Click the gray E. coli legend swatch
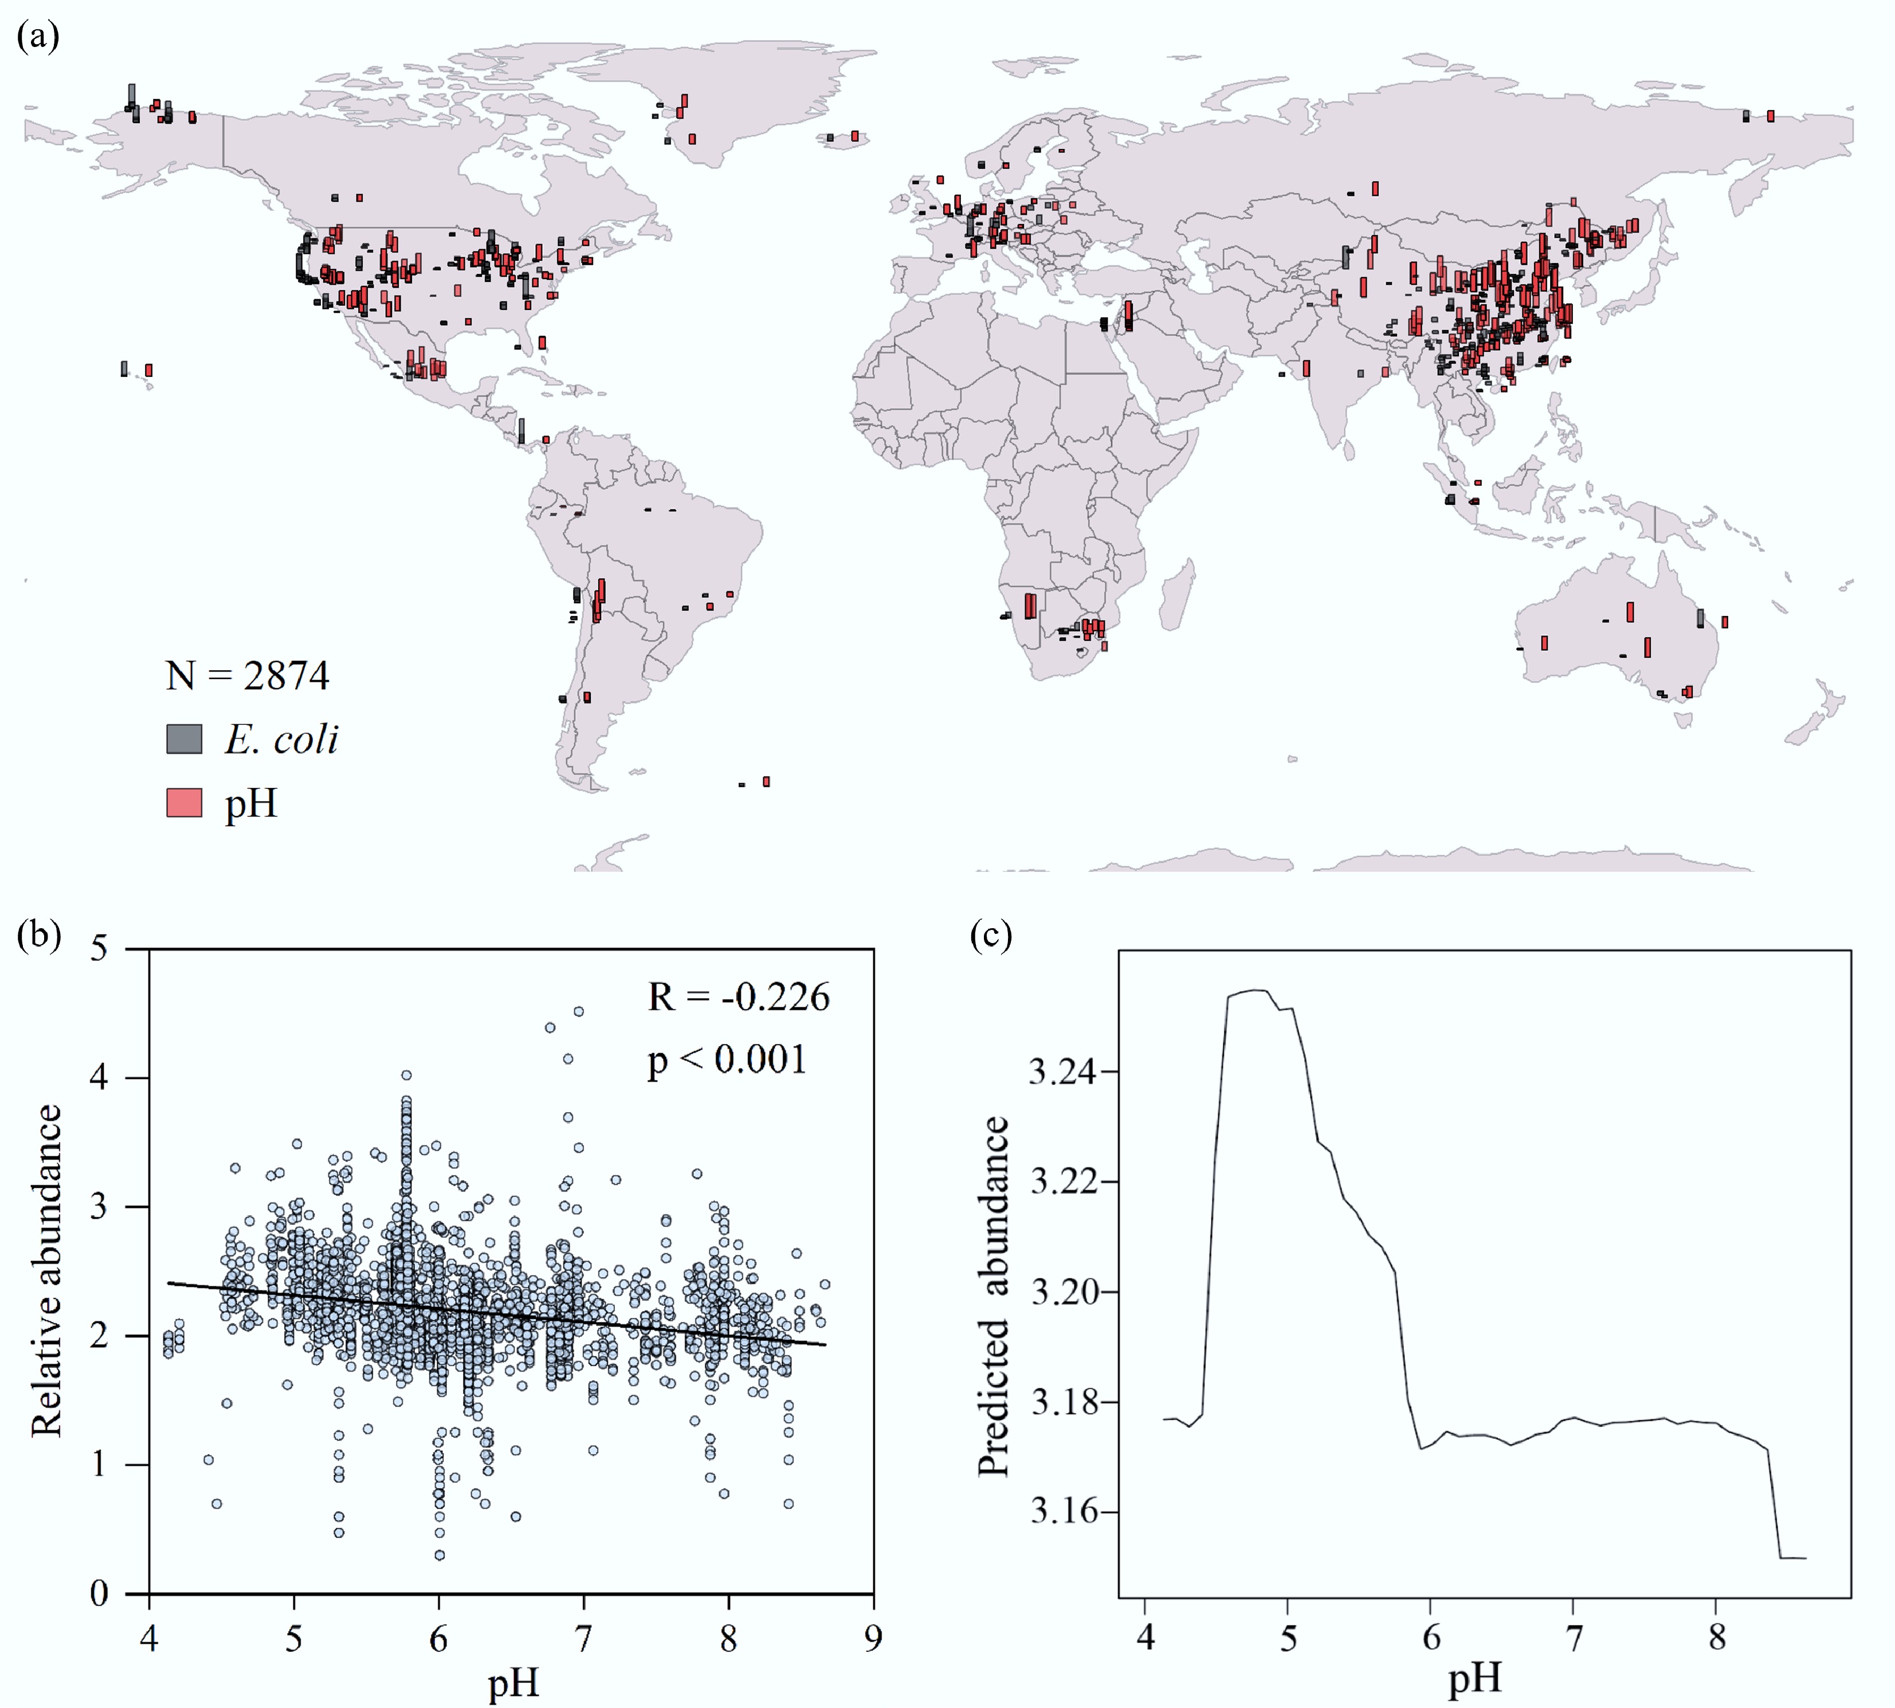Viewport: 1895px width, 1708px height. (x=184, y=740)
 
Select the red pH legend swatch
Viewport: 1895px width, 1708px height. (x=184, y=803)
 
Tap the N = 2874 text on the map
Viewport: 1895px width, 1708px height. (x=247, y=676)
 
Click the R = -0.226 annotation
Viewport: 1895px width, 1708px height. (x=739, y=996)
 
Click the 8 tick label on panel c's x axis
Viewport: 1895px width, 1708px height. (x=1717, y=1637)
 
